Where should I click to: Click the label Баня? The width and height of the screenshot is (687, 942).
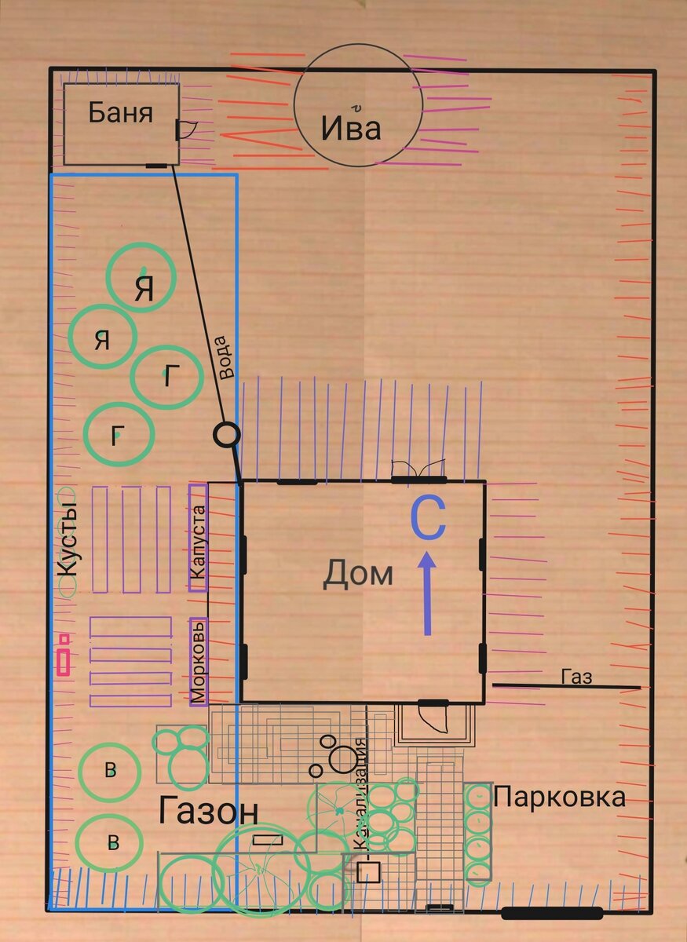[x=119, y=113]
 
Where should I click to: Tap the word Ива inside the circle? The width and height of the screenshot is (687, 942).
[x=351, y=127]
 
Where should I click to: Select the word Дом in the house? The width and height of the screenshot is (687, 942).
[x=358, y=575]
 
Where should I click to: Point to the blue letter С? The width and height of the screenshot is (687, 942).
[x=429, y=520]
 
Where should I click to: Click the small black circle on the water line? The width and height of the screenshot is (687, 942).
[x=226, y=434]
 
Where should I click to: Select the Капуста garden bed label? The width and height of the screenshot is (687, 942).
[x=198, y=542]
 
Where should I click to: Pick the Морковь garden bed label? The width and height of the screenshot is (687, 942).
[x=199, y=661]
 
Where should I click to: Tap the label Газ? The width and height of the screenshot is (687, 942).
[x=576, y=677]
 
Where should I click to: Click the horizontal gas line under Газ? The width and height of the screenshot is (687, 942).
[x=565, y=687]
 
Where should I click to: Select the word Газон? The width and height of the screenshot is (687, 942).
[x=208, y=812]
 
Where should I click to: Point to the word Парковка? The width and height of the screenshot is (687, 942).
[x=560, y=798]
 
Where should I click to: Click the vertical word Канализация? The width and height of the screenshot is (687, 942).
[x=360, y=793]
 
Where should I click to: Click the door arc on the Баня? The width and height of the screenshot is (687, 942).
[x=187, y=130]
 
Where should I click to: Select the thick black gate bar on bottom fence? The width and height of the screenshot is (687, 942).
[x=552, y=913]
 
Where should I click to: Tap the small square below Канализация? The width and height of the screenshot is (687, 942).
[x=368, y=872]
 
